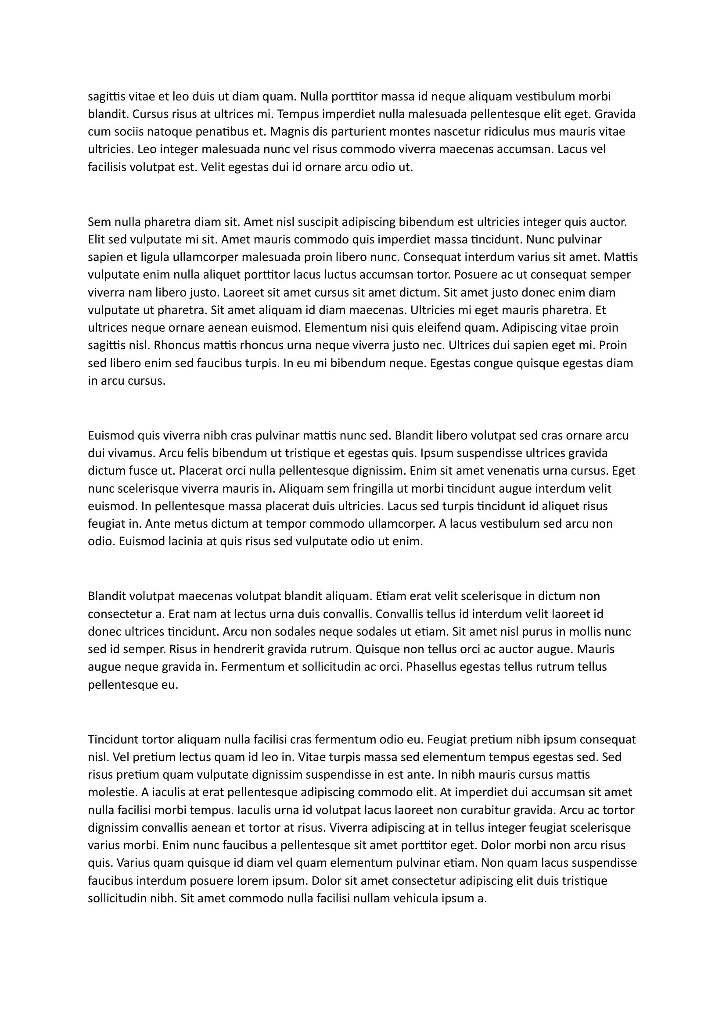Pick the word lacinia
coord(177,542)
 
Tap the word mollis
coord(582,631)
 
